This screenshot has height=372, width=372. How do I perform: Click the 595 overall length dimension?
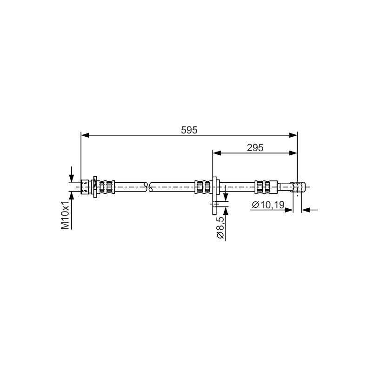pos(189,130)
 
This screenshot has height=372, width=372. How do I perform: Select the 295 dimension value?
pos(255,148)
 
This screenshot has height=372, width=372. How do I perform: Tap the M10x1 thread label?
pos(65,216)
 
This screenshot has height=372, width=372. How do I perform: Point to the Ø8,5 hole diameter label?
pos(220,228)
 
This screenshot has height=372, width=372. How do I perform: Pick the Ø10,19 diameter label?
pos(268,205)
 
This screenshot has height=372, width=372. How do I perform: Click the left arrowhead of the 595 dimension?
pos(85,135)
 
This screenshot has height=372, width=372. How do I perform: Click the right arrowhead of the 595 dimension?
pos(293,135)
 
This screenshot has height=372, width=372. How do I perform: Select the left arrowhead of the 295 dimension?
pos(217,153)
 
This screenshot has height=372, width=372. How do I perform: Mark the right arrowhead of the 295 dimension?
pos(293,153)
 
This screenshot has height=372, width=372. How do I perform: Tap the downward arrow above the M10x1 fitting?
pos(72,175)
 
